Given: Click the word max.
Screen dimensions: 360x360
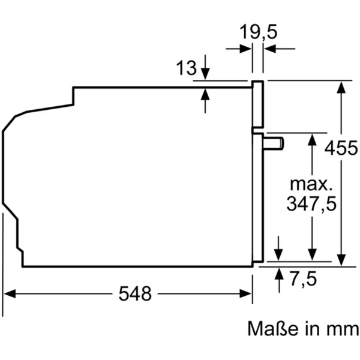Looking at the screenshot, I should coord(311,182).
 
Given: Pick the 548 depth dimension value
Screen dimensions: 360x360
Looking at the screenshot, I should coord(136,293).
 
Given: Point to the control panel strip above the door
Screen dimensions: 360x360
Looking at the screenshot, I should coord(258,105).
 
